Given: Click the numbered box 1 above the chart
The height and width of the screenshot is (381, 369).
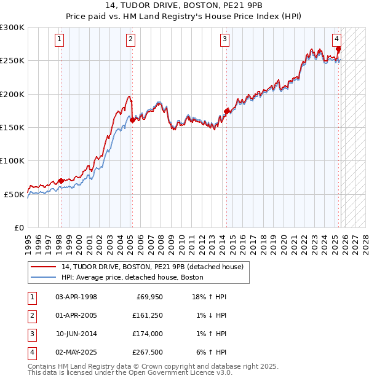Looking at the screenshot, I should (60, 39).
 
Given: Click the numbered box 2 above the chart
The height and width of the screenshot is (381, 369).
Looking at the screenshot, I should (131, 39).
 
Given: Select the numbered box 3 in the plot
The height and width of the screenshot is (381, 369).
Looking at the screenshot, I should (225, 39).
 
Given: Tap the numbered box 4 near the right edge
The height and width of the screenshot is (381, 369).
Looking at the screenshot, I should (337, 39).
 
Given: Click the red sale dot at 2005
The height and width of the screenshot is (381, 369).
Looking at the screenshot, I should (132, 120).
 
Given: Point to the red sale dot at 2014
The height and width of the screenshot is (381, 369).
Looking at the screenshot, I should (226, 111).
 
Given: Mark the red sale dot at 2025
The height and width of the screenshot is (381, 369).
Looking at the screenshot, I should (339, 49).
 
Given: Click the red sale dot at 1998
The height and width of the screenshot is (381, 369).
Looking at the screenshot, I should (60, 181).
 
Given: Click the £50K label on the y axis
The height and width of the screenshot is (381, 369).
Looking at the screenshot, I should (15, 194).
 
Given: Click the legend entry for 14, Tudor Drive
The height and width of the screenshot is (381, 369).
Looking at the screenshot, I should (152, 267).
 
